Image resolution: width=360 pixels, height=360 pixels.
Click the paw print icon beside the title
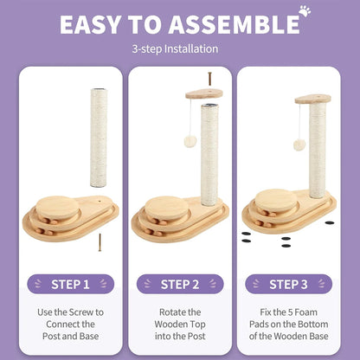[305, 10]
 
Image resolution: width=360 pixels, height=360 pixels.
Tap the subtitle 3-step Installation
[175, 48]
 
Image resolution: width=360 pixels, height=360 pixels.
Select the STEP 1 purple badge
[71, 284]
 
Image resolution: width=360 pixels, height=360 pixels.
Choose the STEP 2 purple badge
[180, 284]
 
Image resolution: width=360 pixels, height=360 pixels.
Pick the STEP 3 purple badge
[288, 284]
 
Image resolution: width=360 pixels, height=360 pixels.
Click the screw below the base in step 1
[100, 242]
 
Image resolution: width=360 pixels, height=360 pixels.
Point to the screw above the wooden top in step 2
[209, 79]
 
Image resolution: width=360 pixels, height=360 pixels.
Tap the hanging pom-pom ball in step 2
[190, 142]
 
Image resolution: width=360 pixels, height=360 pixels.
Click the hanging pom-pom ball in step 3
[299, 145]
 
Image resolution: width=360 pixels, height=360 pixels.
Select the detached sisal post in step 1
[99, 138]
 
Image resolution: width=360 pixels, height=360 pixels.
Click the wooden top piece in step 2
[204, 94]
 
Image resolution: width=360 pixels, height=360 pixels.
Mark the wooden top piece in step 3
[313, 99]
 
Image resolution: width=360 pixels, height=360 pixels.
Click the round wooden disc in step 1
[58, 207]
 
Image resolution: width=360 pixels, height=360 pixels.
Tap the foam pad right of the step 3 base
[330, 222]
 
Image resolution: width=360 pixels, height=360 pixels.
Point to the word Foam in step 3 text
[306, 312]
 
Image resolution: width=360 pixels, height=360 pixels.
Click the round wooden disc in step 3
[276, 200]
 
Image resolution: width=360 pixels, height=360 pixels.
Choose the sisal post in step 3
[318, 150]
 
